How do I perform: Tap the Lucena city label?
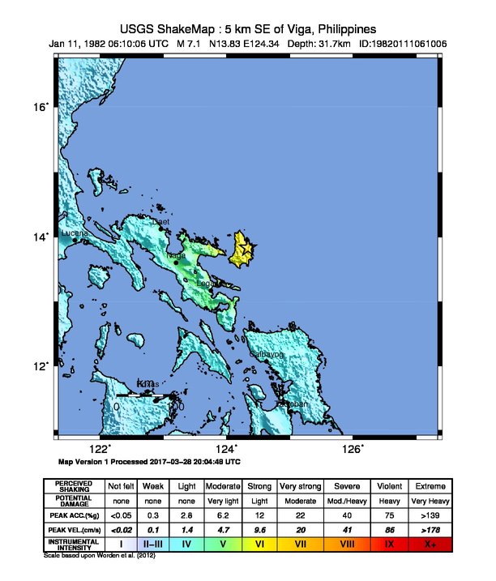[x=75, y=233]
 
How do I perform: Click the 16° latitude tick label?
[x=41, y=106]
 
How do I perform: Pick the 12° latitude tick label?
[x=41, y=366]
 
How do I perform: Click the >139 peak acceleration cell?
[x=429, y=515]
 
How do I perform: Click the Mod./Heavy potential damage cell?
[x=344, y=500]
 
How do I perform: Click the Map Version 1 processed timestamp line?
[x=149, y=461]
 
